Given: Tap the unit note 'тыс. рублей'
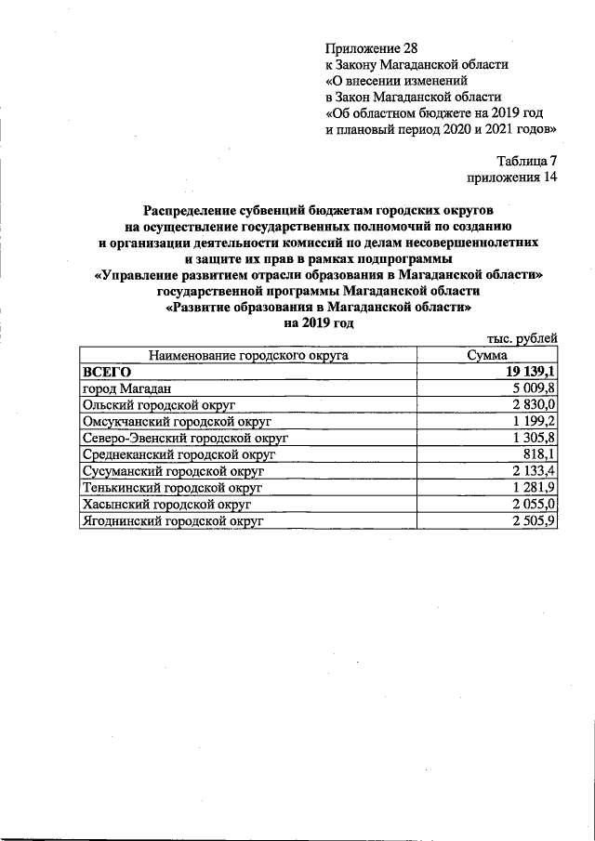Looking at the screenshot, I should point(522,339).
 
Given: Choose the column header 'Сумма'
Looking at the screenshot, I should point(488,355).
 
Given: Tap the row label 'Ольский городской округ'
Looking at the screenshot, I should point(160,405).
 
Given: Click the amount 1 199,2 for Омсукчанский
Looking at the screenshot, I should point(535,422).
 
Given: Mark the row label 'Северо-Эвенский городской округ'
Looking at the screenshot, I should point(186,438).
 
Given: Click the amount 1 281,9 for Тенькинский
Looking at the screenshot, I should point(535,488).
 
